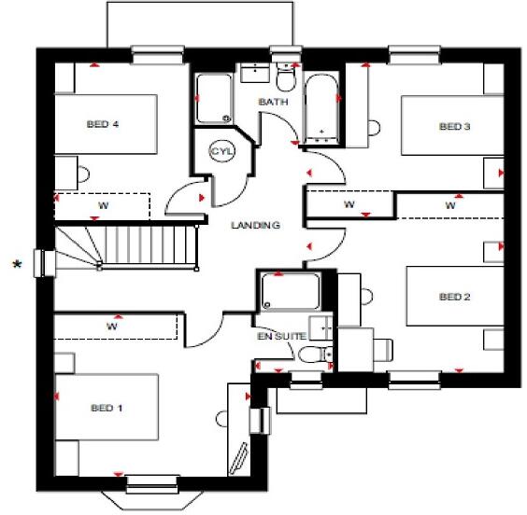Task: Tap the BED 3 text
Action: pyautogui.click(x=453, y=127)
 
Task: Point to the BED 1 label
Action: pyautogui.click(x=107, y=408)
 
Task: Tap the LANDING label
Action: pyautogui.click(x=256, y=225)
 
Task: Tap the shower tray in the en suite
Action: pyautogui.click(x=288, y=292)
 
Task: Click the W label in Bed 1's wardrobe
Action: pyautogui.click(x=111, y=327)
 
